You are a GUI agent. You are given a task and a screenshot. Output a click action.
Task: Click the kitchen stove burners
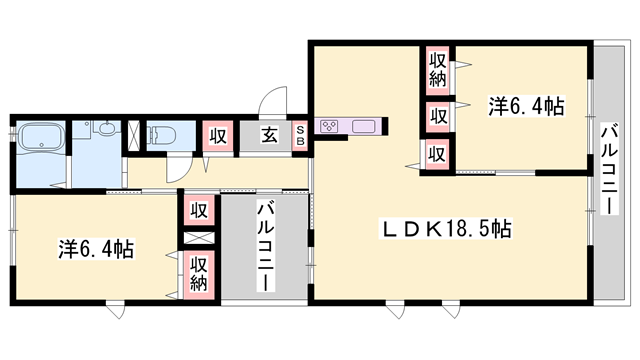(x=331, y=127)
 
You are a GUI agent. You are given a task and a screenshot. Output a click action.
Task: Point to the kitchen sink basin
(x=362, y=127)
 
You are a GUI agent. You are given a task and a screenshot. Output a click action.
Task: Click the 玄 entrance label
(x=270, y=136)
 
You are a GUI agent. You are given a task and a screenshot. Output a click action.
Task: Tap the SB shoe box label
(x=300, y=136)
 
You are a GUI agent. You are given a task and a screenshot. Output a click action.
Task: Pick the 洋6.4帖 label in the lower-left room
(x=97, y=248)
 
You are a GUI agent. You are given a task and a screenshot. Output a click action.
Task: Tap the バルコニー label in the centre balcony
(x=265, y=246)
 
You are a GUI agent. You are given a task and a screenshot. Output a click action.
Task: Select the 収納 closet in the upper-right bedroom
(x=437, y=69)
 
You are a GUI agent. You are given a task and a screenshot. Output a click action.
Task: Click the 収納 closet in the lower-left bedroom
(x=200, y=272)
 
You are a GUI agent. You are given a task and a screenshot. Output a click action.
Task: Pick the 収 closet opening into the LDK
(x=437, y=154)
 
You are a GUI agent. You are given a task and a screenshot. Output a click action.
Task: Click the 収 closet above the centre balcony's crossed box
(x=200, y=211)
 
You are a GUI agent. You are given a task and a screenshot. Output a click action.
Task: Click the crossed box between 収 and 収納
(x=200, y=240)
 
